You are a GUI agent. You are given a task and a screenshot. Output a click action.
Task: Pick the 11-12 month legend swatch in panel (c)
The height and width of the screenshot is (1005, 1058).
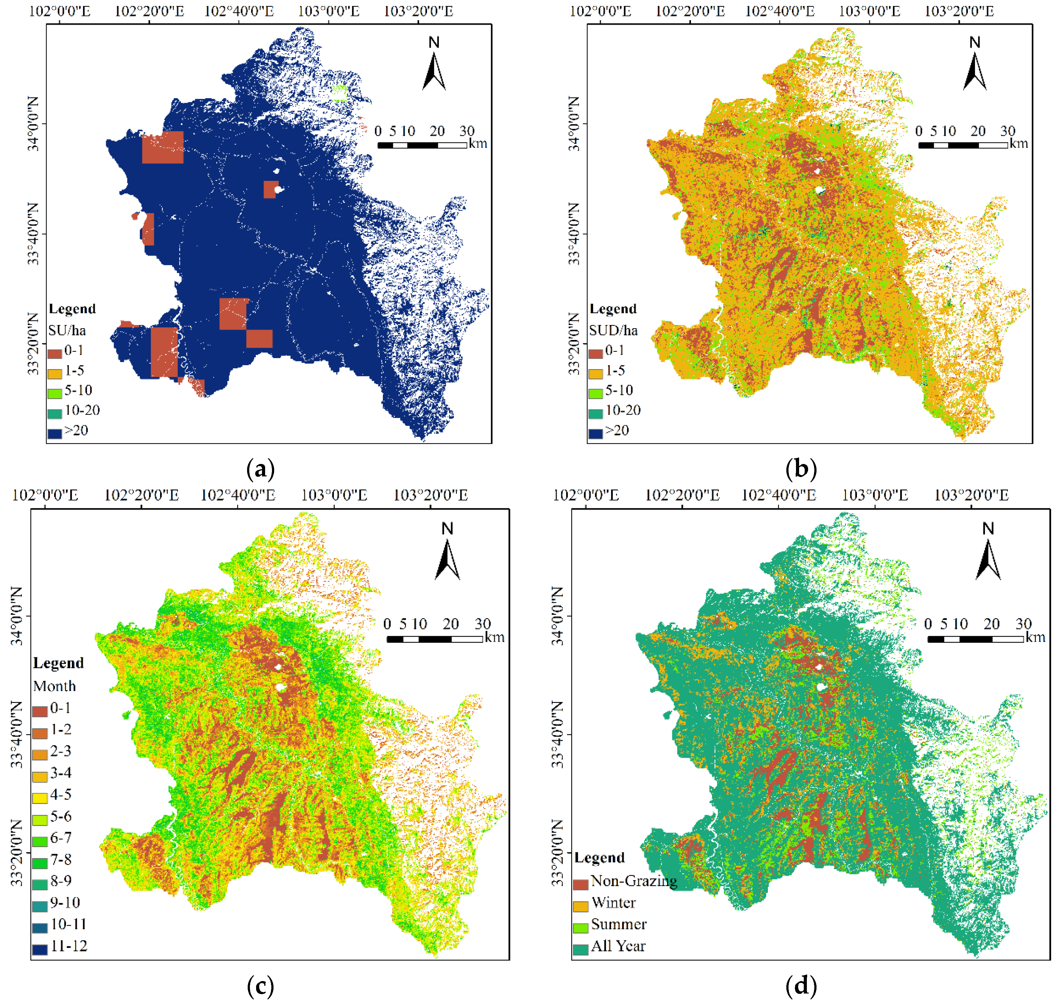tap(40, 949)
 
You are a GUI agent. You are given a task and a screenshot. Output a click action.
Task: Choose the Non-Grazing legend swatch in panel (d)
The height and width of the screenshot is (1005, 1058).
tap(580, 884)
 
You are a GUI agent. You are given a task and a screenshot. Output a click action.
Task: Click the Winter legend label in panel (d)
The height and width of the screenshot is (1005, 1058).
tap(613, 903)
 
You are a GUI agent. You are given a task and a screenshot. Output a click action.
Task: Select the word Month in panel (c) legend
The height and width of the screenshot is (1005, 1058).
tap(55, 686)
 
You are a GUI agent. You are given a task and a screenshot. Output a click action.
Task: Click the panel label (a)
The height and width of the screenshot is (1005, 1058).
tap(261, 469)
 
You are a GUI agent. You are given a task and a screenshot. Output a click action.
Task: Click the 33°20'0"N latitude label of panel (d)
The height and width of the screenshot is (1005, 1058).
tap(558, 852)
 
